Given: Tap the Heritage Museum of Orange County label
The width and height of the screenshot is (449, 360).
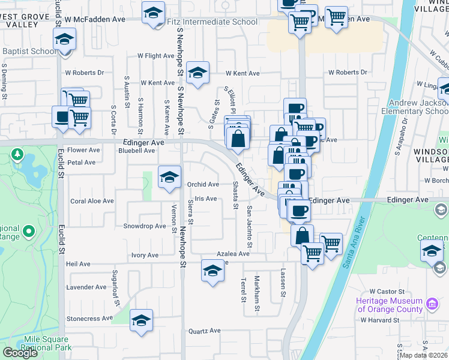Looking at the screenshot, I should (389, 305).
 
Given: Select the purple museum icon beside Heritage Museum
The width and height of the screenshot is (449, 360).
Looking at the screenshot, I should (432, 304).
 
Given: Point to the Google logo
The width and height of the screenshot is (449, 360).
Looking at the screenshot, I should (20, 353).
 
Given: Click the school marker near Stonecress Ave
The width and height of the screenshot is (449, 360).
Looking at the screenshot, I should (142, 320).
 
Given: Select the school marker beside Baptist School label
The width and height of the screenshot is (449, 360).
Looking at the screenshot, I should (64, 40).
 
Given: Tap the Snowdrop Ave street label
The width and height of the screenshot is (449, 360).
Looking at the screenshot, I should (144, 226).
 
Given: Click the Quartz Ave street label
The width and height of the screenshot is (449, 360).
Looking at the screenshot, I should (204, 331).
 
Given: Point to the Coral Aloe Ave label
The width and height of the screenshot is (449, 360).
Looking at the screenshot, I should (92, 202).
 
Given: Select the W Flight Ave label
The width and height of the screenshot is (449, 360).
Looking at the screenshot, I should (155, 56).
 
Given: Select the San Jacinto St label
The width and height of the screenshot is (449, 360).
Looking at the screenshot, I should (249, 227).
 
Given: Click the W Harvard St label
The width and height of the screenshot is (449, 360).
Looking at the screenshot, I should (380, 320).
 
